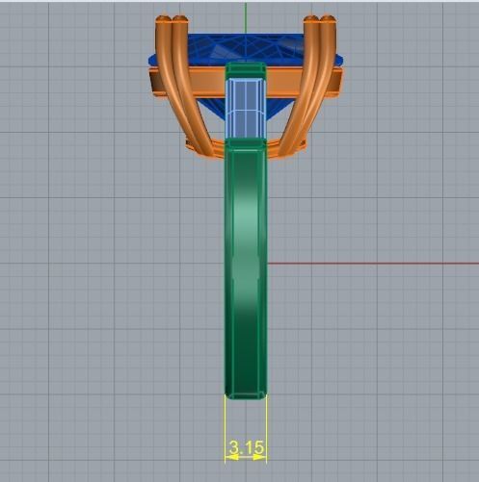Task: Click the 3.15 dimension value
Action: click(x=246, y=447)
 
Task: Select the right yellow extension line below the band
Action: click(x=267, y=423)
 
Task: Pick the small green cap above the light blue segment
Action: click(x=246, y=70)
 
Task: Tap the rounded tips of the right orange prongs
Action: click(x=318, y=20)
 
